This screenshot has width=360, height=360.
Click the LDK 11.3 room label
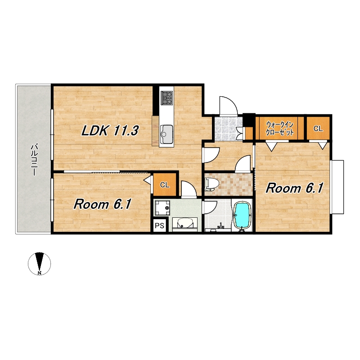pos(110,131)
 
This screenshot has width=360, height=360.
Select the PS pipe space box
pos(160,226)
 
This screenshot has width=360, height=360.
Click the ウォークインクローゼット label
pos(280,129)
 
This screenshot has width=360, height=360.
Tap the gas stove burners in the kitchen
pos(166,98)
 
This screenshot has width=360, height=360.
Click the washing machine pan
pos(162,208)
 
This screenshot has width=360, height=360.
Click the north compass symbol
pos(40,264)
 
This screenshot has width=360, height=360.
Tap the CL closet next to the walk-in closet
pos(318,128)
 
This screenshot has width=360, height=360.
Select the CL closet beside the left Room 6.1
pos(165,184)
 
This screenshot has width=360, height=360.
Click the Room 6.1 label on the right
pos(295,188)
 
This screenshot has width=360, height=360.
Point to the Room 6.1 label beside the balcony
pos(102,204)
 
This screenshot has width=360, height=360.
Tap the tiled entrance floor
pos(228,129)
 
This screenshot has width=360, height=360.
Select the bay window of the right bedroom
pos(337,187)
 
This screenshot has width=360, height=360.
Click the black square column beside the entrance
pos(249,119)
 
